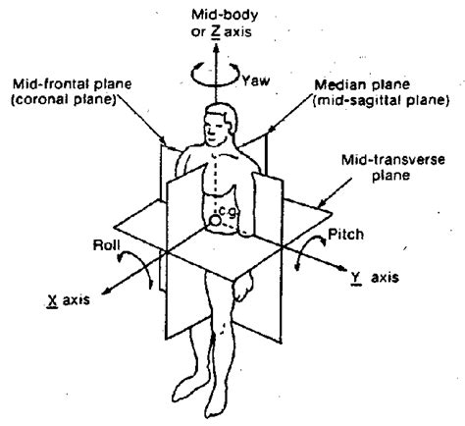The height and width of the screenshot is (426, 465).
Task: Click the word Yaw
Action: click(x=256, y=80)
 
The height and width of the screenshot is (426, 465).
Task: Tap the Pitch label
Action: click(x=345, y=235)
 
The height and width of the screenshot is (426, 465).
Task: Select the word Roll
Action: click(x=107, y=244)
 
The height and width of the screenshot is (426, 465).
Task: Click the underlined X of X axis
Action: click(x=52, y=300)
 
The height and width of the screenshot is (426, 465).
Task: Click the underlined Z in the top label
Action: click(x=215, y=31)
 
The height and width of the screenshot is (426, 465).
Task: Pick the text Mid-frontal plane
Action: click(x=73, y=83)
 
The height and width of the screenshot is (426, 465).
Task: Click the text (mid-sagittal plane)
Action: click(x=381, y=101)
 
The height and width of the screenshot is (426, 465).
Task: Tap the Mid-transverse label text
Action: click(x=393, y=160)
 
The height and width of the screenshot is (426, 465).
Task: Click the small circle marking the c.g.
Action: click(x=216, y=221)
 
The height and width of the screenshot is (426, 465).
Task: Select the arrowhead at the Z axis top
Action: click(x=216, y=48)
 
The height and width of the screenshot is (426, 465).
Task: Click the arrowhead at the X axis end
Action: click(x=106, y=291)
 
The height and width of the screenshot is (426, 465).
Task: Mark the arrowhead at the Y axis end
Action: click(x=341, y=268)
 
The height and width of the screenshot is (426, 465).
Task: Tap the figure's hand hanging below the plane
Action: click(x=243, y=288)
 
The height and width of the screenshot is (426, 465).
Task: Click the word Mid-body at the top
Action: click(x=225, y=15)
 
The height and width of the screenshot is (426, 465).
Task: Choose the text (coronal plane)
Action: click(x=64, y=99)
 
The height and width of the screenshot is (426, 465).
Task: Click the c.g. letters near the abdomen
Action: click(x=227, y=212)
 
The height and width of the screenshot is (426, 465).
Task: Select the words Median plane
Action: click(x=362, y=84)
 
